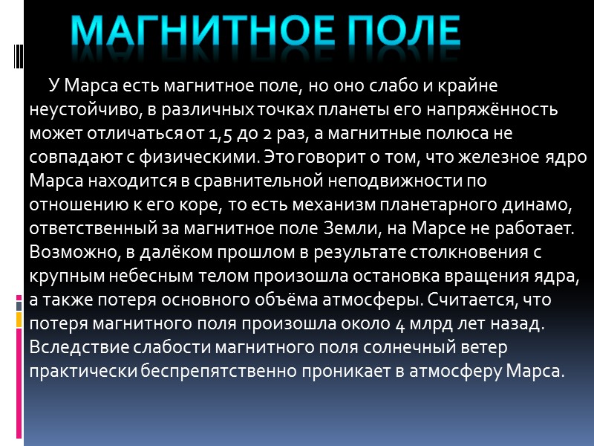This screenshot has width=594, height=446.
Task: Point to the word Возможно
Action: click(x=71, y=252)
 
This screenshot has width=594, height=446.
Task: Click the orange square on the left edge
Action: click(x=19, y=320)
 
